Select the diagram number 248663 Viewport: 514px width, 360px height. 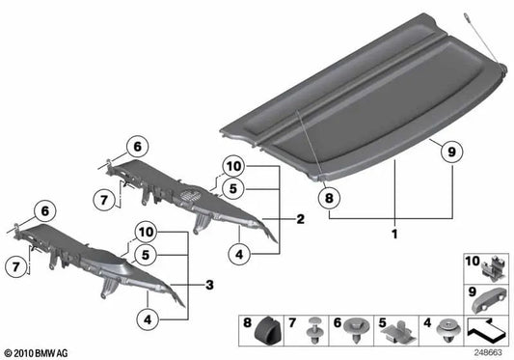(489, 353)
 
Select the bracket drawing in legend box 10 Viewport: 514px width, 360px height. (490, 266)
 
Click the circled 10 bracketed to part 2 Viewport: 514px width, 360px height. (233, 165)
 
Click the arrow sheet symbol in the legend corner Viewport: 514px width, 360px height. (488, 331)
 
